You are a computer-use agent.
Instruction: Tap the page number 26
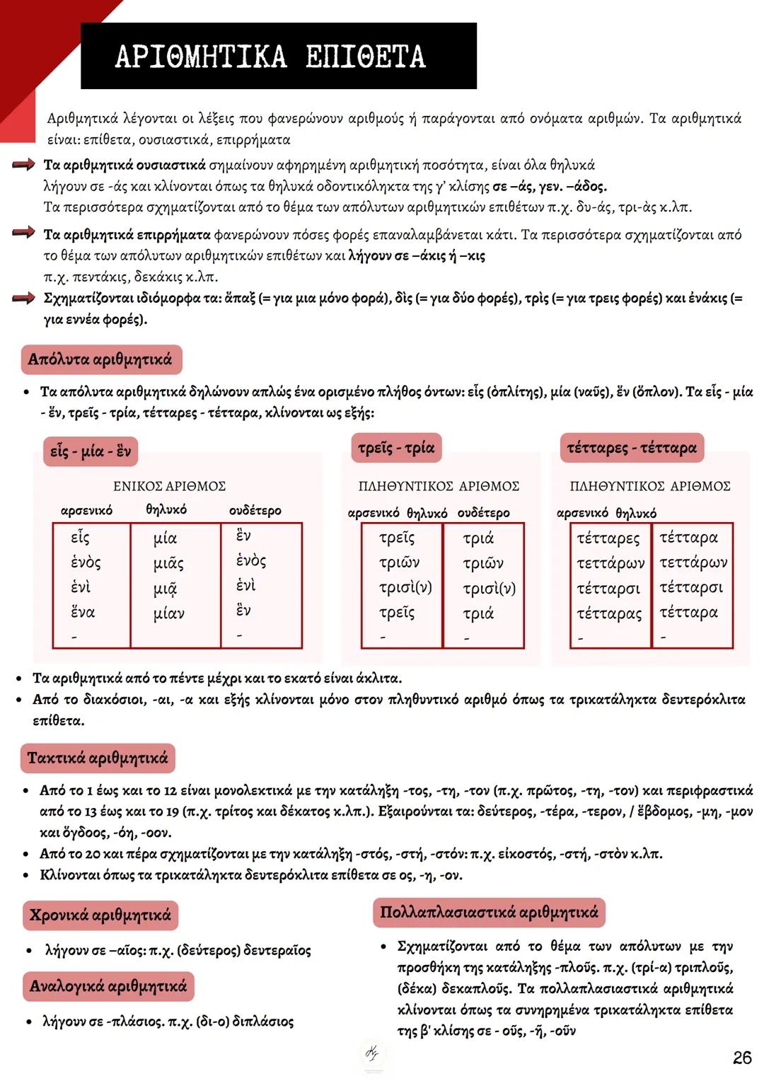(741, 1057)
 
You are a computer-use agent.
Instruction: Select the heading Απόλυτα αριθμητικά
(100, 359)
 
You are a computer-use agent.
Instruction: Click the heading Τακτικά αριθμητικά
(98, 758)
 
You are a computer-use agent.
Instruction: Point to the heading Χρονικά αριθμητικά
(100, 915)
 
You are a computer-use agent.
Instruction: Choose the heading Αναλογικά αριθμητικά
(108, 986)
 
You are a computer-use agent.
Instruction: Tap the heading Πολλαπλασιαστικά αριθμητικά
(489, 912)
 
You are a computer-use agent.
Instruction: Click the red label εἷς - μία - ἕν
(91, 451)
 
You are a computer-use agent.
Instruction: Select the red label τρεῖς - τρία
(396, 448)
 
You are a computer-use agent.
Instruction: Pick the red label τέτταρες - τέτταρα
(632, 448)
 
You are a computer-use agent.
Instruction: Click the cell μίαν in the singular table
(168, 613)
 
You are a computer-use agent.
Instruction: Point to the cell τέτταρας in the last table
(609, 613)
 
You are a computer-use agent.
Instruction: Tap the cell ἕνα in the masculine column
(83, 612)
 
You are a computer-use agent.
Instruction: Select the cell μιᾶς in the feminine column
(168, 563)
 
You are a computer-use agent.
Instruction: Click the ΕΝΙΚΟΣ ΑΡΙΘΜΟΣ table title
(170, 486)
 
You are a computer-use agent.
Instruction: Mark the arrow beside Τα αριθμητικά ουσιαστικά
(24, 165)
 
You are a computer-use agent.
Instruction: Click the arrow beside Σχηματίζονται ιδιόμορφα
(24, 299)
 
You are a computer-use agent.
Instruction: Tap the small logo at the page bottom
(371, 1054)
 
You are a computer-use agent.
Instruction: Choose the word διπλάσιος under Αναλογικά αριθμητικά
(262, 1022)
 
